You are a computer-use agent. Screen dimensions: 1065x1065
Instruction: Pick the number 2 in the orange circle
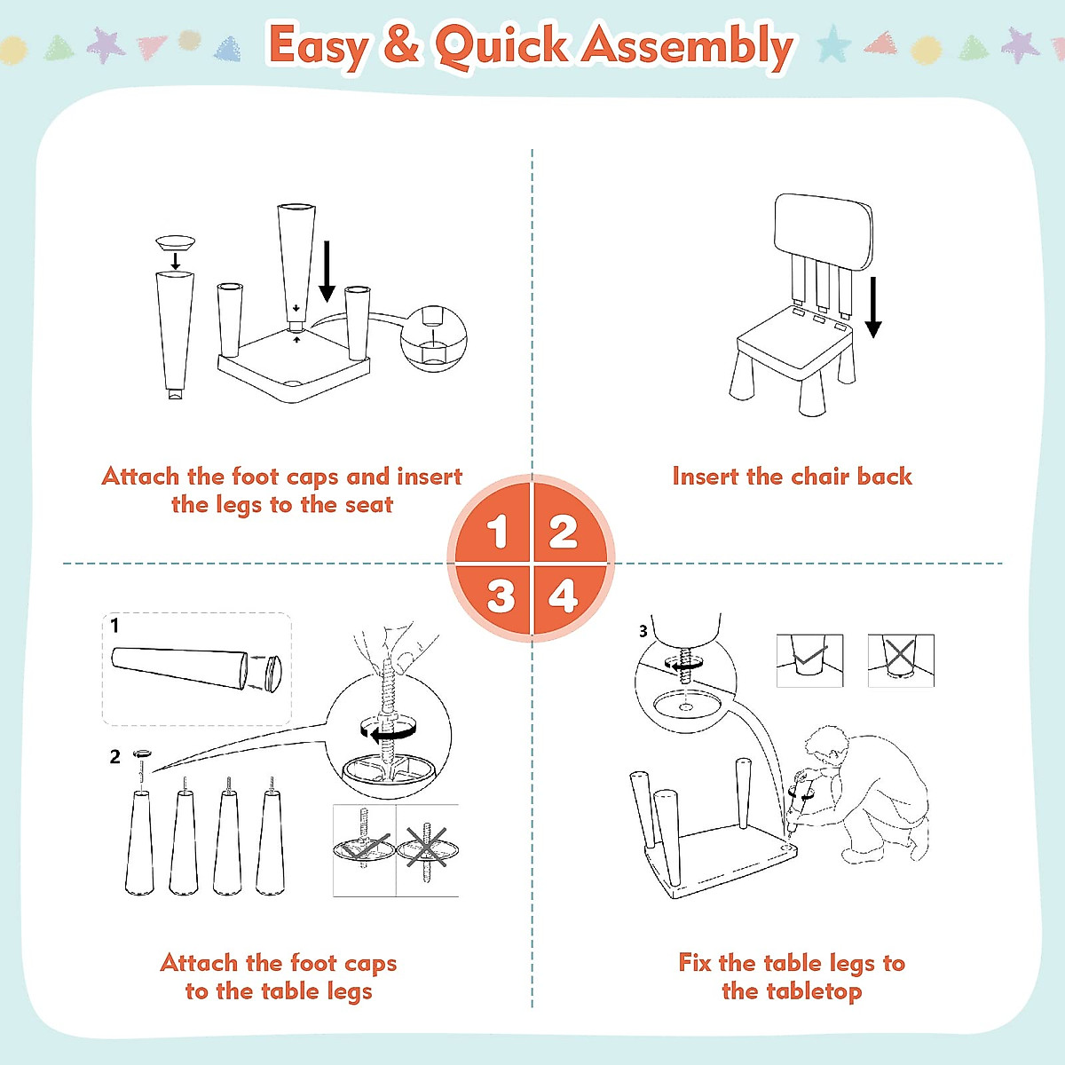(x=564, y=532)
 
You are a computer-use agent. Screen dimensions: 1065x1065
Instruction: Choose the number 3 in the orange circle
(x=501, y=596)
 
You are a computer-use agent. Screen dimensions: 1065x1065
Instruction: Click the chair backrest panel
(x=823, y=230)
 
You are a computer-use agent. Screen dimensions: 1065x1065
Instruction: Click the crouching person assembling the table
(x=874, y=790)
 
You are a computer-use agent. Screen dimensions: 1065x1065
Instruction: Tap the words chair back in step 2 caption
(x=851, y=477)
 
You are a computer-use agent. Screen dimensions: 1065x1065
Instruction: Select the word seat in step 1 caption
(x=368, y=505)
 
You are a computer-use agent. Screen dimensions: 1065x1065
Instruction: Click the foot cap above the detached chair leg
(x=175, y=241)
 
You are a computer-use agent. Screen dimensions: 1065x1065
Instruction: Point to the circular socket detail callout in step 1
(x=432, y=338)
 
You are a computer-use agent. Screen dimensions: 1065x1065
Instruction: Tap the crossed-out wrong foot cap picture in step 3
(x=427, y=849)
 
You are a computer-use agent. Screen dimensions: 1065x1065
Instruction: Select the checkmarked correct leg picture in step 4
(x=809, y=659)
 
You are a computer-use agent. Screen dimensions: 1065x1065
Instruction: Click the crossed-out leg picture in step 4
(x=900, y=659)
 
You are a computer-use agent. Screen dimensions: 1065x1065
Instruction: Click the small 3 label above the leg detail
(x=643, y=631)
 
